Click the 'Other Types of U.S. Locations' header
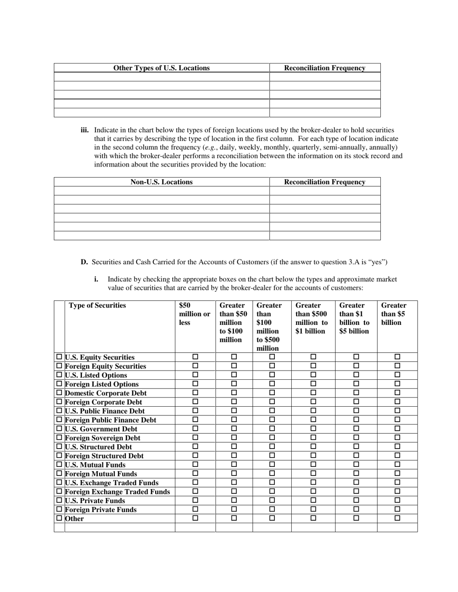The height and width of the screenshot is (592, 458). (x=161, y=68)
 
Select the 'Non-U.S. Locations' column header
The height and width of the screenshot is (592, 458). (x=161, y=182)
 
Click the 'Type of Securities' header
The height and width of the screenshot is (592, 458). (x=97, y=305)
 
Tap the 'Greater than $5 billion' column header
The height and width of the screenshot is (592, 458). (x=393, y=314)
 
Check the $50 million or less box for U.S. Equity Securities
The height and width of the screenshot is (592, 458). (x=195, y=357)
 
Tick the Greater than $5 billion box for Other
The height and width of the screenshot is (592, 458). (x=397, y=518)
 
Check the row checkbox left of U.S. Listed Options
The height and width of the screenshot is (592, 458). (x=59, y=375)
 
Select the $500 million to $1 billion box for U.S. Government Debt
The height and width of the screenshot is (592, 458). (x=313, y=429)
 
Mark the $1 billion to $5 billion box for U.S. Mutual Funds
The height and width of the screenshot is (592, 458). (x=356, y=465)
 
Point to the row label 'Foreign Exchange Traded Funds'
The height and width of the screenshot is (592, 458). (x=117, y=491)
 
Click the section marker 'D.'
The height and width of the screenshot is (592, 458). (x=84, y=262)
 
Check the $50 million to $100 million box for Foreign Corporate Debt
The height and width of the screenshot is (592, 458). (x=234, y=402)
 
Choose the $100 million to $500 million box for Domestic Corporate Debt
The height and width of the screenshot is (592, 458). (x=272, y=393)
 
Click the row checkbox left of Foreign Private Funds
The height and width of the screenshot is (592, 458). (x=59, y=509)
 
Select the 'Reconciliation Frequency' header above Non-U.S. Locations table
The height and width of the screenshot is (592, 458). (x=324, y=182)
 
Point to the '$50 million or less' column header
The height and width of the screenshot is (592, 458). (x=194, y=314)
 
